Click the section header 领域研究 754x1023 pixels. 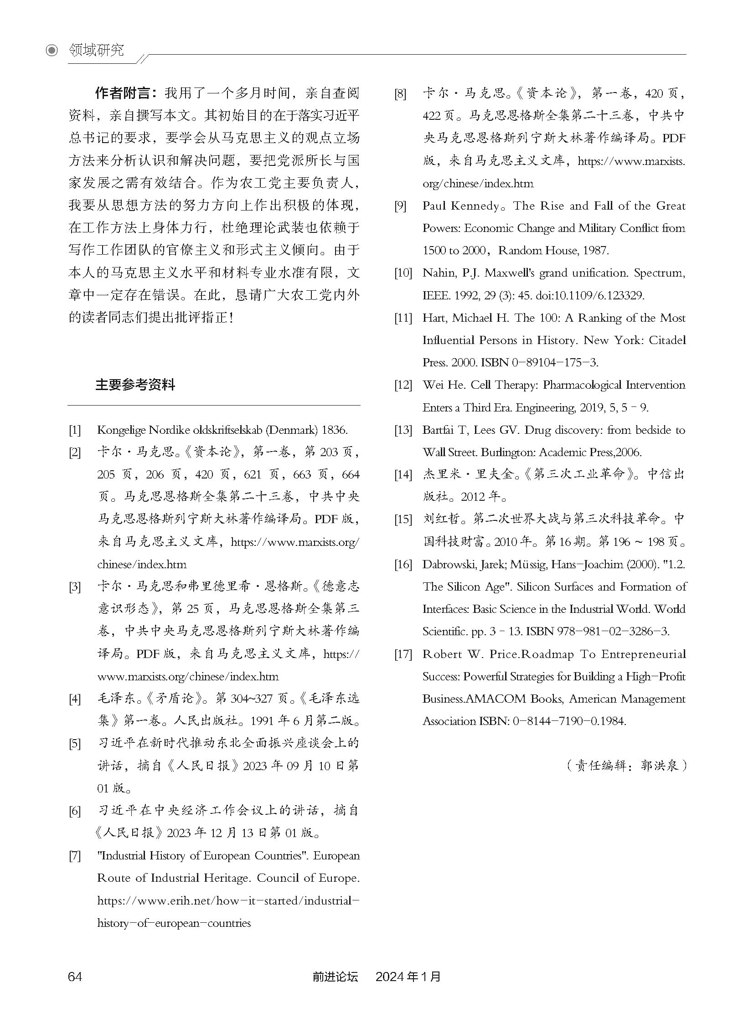coord(96,50)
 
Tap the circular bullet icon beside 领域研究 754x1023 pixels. coord(52,51)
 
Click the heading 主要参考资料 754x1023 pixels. coord(135,385)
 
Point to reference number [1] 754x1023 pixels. coord(74,430)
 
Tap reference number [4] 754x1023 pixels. coord(74,699)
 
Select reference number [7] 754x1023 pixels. coord(74,856)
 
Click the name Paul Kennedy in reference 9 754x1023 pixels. coord(461,206)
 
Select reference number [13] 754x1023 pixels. coord(403,430)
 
